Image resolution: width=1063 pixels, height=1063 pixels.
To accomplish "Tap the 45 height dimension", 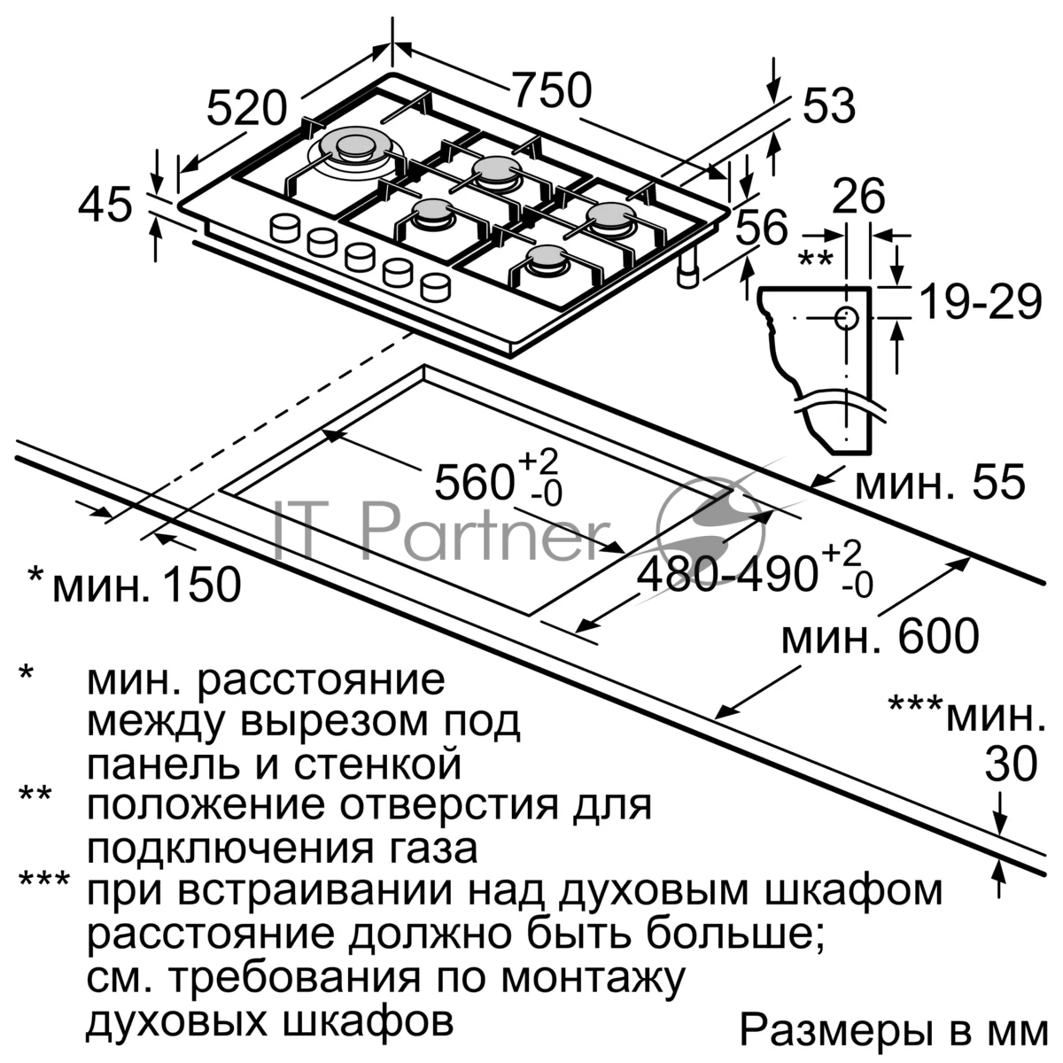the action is tap(105, 204).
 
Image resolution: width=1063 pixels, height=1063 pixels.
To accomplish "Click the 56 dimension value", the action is tap(761, 227).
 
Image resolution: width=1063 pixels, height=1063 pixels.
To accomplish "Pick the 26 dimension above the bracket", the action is tap(858, 196).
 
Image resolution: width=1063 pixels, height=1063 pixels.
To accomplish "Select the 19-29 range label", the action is tap(981, 301).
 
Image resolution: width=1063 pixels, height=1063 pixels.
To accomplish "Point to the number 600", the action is tap(938, 637).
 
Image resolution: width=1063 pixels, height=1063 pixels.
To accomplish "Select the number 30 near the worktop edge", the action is tap(1011, 764).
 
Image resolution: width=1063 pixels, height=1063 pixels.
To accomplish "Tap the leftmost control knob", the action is tap(284, 228).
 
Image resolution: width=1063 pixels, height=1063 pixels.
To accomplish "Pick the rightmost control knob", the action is tap(435, 288).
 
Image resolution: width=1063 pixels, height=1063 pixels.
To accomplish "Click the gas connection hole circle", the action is tap(845, 318).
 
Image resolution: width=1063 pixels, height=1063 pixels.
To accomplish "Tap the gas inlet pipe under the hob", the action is tap(687, 270).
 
